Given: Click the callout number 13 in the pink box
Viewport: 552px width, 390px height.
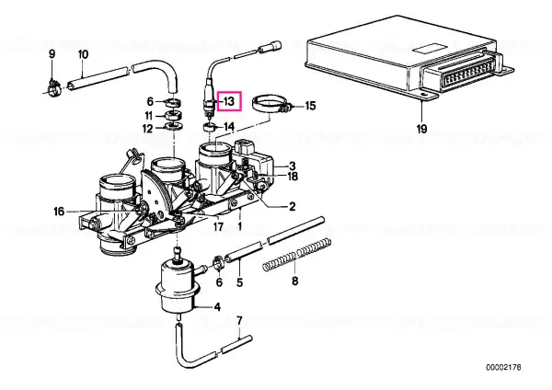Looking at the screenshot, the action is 229,101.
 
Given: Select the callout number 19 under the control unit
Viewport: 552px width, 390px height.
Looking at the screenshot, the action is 421,129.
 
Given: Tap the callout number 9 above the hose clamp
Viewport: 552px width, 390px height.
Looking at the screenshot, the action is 52,54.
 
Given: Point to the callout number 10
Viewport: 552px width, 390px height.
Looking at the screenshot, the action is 83,54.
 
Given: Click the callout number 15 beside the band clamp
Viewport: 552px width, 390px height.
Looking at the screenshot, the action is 310,106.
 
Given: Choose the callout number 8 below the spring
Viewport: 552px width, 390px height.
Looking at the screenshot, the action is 295,281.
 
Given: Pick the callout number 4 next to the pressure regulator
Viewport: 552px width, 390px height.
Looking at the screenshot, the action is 217,307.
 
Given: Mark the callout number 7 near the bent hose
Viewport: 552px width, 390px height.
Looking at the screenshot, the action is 239,321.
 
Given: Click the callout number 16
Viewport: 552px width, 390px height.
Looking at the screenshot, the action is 59,212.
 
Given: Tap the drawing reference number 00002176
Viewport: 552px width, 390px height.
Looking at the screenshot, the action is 503,368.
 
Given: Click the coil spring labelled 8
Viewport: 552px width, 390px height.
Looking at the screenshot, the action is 297,254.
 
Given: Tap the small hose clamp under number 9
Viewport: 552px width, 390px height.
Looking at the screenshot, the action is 53,88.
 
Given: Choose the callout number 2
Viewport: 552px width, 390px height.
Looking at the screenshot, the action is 293,206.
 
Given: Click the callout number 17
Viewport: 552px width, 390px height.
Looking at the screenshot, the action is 218,226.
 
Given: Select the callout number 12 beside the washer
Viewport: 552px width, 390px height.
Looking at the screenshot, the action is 148,129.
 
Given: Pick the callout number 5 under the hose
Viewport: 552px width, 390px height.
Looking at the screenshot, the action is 240,282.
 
